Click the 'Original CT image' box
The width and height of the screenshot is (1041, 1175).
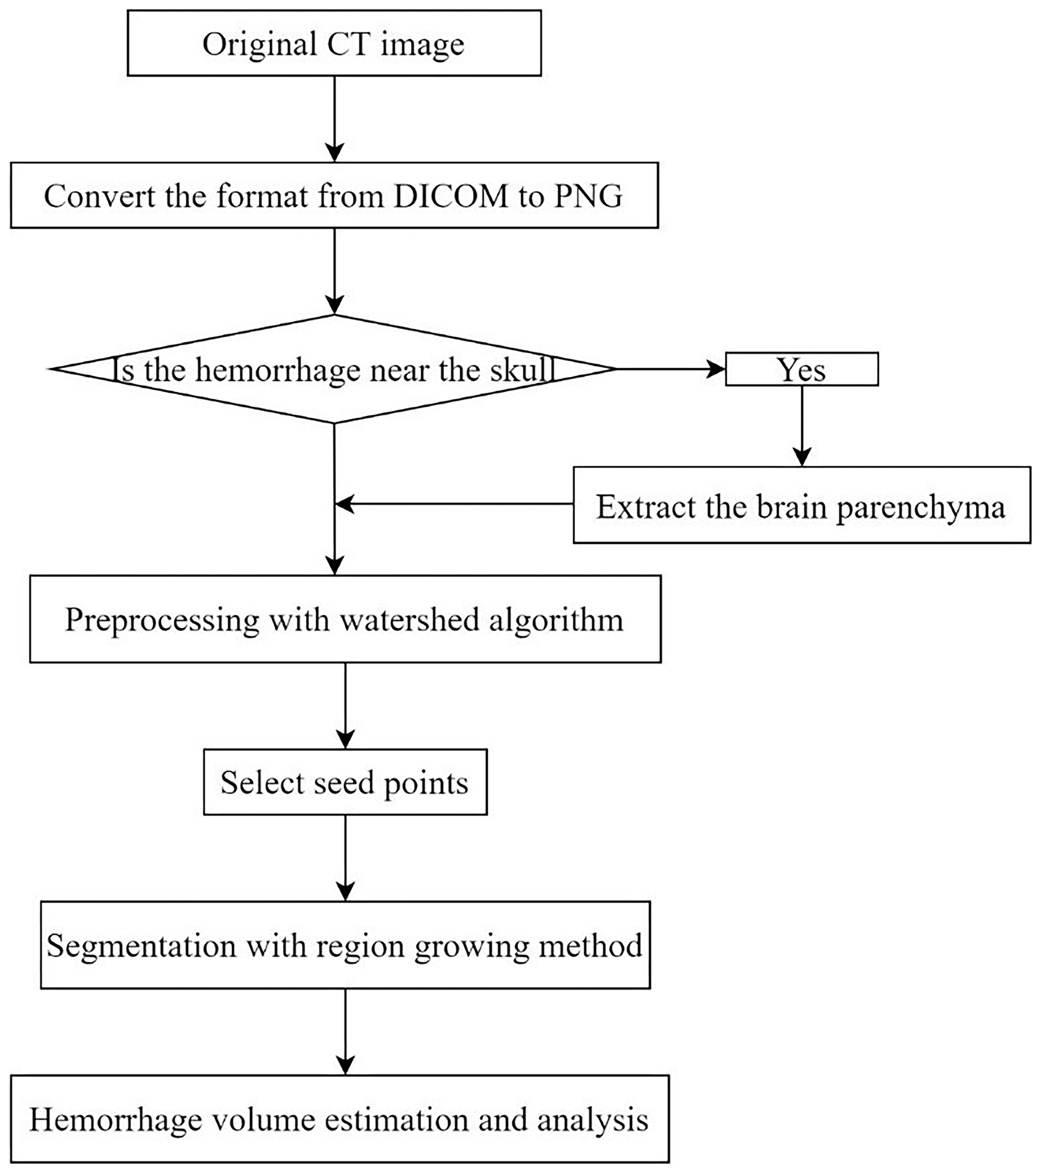(334, 43)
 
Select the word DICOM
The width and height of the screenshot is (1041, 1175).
(451, 196)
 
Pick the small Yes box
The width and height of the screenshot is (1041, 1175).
(801, 369)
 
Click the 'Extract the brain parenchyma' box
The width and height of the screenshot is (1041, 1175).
(801, 506)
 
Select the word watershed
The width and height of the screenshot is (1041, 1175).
(409, 620)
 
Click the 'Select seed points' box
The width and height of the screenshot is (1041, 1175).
(345, 783)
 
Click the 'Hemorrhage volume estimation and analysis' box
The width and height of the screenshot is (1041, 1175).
(340, 1120)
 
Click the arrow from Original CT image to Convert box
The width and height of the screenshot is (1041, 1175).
(334, 117)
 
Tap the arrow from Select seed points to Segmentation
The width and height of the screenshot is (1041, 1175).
(345, 857)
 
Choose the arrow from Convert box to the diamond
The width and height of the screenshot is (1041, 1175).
(334, 270)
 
